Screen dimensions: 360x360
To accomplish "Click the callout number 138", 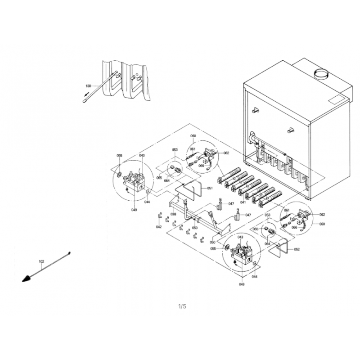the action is pyautogui.click(x=88, y=86).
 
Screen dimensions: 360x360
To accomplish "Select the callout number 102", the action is pyautogui.click(x=41, y=261).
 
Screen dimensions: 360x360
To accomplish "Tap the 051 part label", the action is pyautogui.click(x=210, y=188).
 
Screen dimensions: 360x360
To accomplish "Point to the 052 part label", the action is pyautogui.click(x=297, y=249).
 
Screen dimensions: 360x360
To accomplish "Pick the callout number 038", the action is pyautogui.click(x=173, y=214).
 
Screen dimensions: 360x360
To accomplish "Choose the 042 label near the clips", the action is pyautogui.click(x=159, y=227).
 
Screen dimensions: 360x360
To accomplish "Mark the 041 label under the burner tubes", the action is pyautogui.click(x=243, y=202).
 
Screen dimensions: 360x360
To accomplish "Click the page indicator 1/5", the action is pyautogui.click(x=182, y=306).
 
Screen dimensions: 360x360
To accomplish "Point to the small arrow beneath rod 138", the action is pyautogui.click(x=86, y=94).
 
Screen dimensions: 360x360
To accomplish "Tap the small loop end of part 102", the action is pyautogui.click(x=69, y=253).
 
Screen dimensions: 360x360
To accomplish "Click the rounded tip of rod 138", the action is pyautogui.click(x=85, y=100).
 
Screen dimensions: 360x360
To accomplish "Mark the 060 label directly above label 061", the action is pyautogui.click(x=193, y=136).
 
